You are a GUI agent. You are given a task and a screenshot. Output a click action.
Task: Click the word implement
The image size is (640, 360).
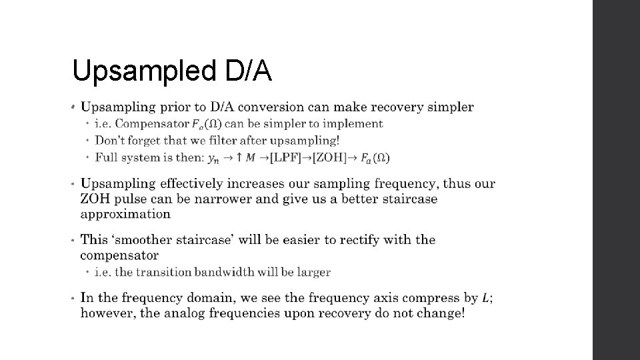point(356,123)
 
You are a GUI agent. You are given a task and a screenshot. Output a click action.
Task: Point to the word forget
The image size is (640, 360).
point(141,140)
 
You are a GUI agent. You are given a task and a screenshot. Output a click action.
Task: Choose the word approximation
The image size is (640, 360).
point(125,214)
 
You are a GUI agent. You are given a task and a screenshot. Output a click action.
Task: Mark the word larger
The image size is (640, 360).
point(314,272)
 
